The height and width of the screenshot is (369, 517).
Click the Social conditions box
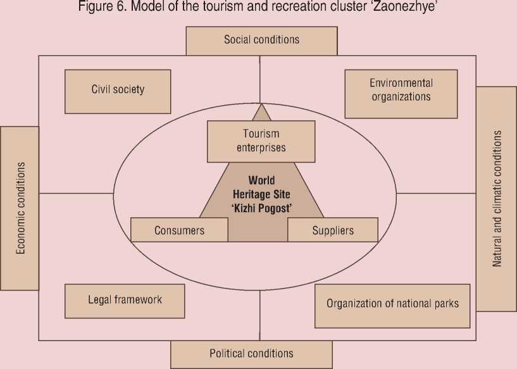(x=261, y=41)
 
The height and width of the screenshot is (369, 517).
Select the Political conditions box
(x=251, y=354)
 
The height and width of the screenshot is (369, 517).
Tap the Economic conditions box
(x=20, y=208)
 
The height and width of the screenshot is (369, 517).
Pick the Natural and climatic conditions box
(x=496, y=199)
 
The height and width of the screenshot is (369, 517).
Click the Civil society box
(x=118, y=91)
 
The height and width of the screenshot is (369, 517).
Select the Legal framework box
(x=125, y=300)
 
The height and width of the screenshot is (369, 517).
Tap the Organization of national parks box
(x=392, y=304)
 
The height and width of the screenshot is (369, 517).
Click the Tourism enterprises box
(x=261, y=141)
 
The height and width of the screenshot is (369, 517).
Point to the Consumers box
(x=179, y=230)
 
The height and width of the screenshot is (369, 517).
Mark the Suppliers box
(x=333, y=230)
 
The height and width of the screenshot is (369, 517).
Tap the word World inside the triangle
(x=261, y=181)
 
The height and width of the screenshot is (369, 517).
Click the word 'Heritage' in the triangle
(x=251, y=194)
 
